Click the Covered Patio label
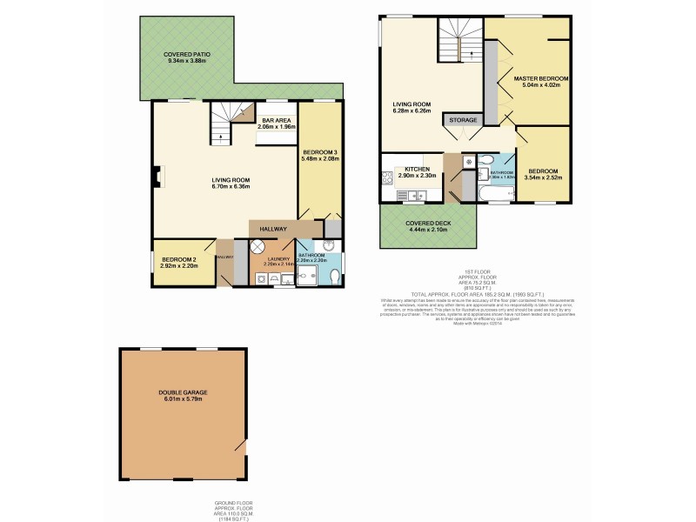[x=188, y=54]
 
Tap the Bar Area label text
[x=276, y=120]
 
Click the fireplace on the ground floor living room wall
[x=157, y=176]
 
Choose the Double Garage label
[x=183, y=392]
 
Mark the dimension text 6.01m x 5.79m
[x=183, y=399]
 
